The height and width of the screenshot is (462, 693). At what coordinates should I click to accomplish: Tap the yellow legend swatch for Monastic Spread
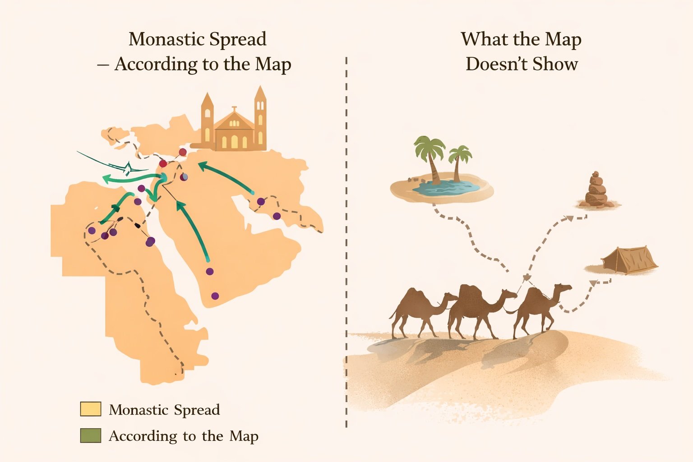coord(90,409)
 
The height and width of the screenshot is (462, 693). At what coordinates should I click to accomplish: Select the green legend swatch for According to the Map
coord(90,436)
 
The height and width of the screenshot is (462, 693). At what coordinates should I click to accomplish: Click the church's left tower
coord(207,120)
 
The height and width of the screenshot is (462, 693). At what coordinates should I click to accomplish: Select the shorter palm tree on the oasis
coord(459,162)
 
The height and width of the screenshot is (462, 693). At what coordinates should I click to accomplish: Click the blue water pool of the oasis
coord(442,188)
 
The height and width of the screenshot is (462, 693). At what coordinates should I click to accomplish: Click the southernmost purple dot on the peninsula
coord(215,296)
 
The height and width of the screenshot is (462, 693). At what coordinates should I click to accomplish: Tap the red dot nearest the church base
coord(183,152)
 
